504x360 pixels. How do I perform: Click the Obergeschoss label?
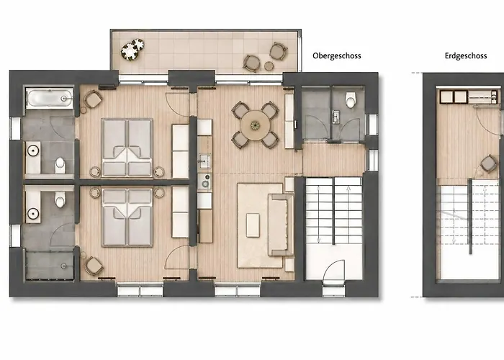tap(336, 56)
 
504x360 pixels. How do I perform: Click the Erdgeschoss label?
tap(466, 56)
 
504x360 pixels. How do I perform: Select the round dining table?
tap(255, 125)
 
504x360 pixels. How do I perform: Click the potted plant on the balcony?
tap(132, 50)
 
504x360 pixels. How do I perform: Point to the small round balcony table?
tap(269, 66)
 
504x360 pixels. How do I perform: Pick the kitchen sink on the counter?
tap(204, 161)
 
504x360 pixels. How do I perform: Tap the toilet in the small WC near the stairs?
tap(351, 99)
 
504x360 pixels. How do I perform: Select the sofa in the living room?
tap(281, 225)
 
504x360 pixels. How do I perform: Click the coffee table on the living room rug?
tap(253, 225)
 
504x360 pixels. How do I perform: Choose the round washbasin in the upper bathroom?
tap(33, 150)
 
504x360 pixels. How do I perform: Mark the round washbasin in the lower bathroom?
tap(33, 213)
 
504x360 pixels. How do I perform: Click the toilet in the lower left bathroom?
tap(60, 199)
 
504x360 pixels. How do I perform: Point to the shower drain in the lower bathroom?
tap(63, 266)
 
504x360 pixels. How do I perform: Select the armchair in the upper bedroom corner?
tap(93, 99)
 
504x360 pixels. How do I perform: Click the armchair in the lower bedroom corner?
tap(94, 266)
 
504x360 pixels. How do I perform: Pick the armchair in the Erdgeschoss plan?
tap(490, 163)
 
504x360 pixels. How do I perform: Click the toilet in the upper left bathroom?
tap(60, 165)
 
